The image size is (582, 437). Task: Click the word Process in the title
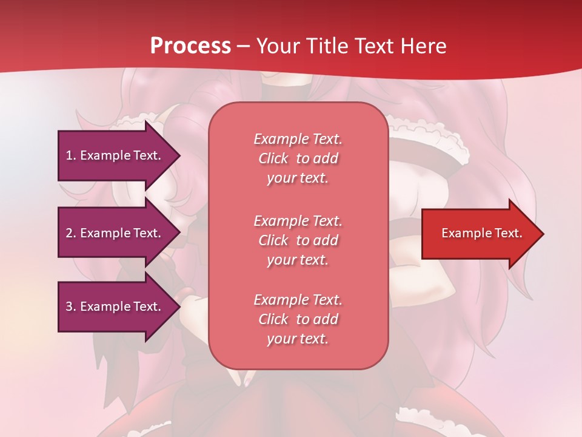click(x=190, y=46)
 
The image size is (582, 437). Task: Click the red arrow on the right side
click(x=479, y=234)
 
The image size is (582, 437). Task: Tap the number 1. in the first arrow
click(x=70, y=155)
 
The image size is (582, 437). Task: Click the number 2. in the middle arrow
click(x=70, y=233)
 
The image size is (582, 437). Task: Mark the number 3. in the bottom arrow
click(x=70, y=307)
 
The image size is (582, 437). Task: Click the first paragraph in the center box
click(x=298, y=158)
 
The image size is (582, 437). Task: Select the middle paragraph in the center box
click(x=298, y=240)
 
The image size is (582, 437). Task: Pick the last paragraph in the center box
click(x=298, y=319)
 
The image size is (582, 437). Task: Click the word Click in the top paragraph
click(x=273, y=158)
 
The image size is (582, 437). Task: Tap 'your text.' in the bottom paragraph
click(x=298, y=339)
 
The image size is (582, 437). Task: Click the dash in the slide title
click(x=243, y=46)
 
